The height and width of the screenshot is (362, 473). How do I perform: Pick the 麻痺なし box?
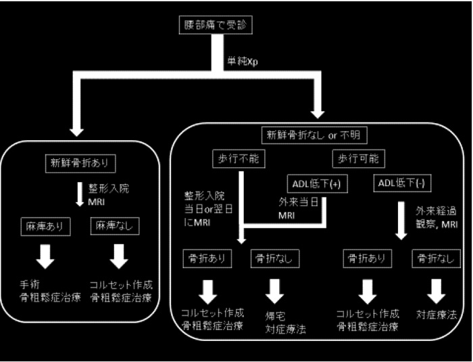119,226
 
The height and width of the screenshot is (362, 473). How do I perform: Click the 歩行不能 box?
238,159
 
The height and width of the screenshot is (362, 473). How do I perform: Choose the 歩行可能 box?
357,159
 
